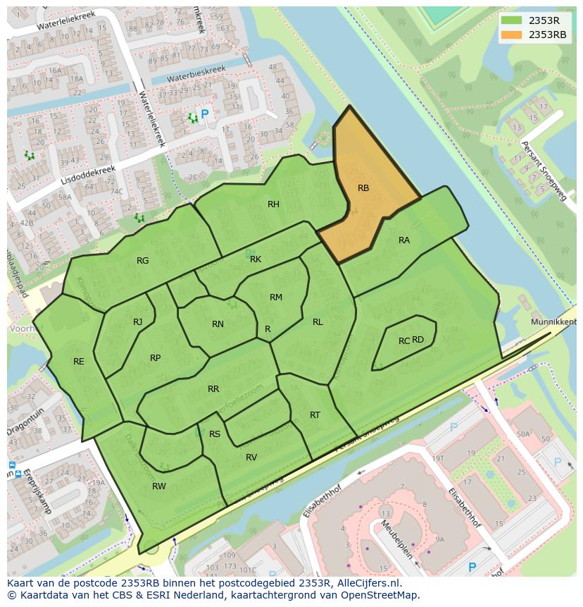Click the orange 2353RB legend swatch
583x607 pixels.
coord(512,35)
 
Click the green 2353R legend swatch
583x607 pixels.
coord(512,20)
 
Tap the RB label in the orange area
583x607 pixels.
coord(363,188)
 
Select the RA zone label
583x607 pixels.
coord(404,240)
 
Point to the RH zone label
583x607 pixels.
coord(273,204)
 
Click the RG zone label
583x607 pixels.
coord(143,261)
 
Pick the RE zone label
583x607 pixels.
coord(79,362)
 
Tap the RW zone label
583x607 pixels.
coord(159,486)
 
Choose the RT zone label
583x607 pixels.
coord(315,415)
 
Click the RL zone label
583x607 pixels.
coord(318,322)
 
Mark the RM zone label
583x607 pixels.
coord(276,298)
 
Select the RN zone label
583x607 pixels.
coord(218,324)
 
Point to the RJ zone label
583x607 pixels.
coord(138,322)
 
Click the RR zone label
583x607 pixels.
coord(213,389)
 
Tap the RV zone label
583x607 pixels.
coord(251,458)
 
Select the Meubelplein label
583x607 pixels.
coord(396,540)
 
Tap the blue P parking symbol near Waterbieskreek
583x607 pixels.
coord(205,114)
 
